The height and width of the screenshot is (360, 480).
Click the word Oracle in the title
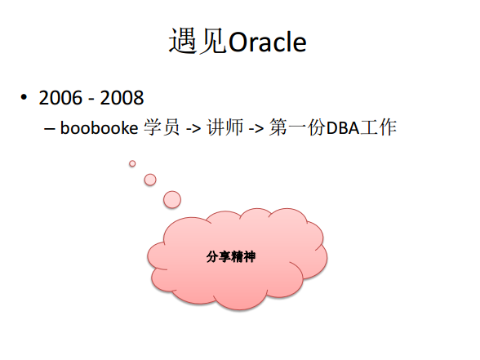[x=267, y=42]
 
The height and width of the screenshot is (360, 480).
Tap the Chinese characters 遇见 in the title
[x=198, y=41]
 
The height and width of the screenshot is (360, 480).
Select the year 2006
[x=60, y=98]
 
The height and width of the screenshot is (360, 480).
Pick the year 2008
[x=122, y=98]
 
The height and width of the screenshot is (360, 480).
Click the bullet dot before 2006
[x=24, y=97]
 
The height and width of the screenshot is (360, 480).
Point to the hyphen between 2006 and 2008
[x=91, y=100]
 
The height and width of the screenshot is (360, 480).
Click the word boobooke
[x=100, y=127]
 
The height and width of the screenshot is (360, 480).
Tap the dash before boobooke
[x=49, y=129]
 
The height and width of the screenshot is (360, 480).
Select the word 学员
[x=162, y=127]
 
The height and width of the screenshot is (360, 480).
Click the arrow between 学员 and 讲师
[x=193, y=129]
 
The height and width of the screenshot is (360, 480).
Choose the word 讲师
[x=225, y=127]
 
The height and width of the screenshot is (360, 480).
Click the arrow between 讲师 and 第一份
[x=256, y=129]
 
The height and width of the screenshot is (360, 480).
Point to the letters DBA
[x=343, y=128]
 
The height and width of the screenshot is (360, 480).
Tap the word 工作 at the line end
[x=379, y=127]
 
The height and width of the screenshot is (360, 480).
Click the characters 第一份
[x=298, y=127]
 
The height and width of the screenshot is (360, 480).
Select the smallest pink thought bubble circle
[x=132, y=163]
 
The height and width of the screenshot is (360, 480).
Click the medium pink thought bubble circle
[x=150, y=180]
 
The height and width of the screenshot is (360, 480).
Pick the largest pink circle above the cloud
[x=172, y=199]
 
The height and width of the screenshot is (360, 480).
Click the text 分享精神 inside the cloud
[x=231, y=256]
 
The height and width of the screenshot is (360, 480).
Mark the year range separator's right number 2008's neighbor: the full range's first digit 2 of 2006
[x=44, y=98]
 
